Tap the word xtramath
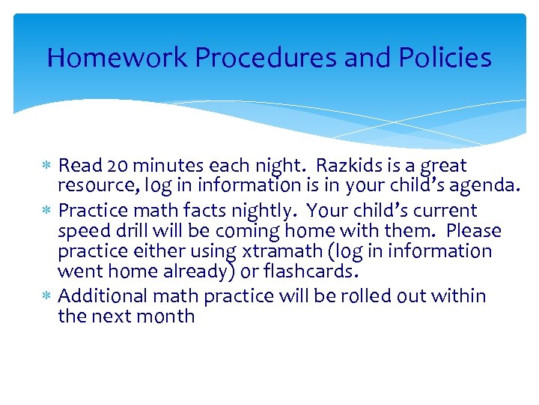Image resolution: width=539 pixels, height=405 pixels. [278, 251]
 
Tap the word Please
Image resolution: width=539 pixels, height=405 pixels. [474, 231]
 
